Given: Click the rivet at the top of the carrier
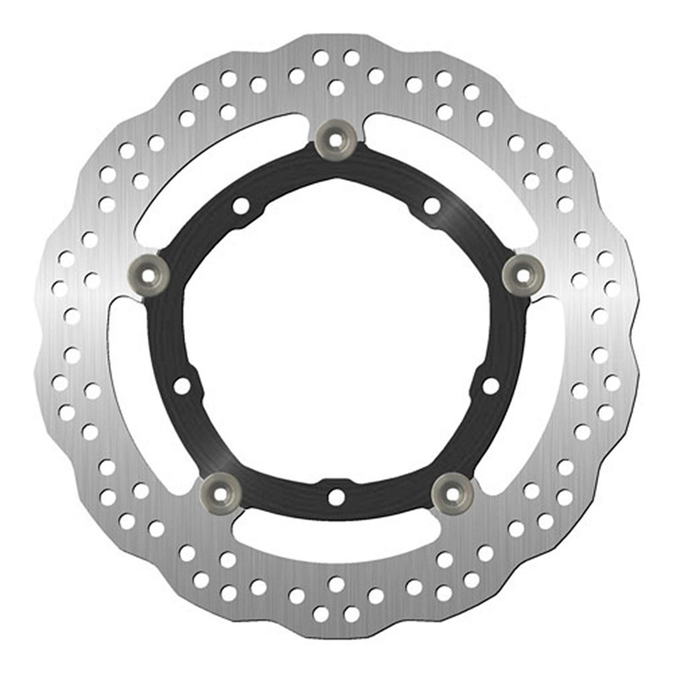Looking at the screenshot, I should pos(336,138).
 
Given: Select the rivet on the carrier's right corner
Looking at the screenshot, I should pos(521,272).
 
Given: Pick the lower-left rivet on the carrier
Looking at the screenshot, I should pos(222,487).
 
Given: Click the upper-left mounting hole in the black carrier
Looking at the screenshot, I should pos(241,205).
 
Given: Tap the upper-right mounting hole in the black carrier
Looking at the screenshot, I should pos(432,205).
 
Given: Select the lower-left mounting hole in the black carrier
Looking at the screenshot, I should pos(182,386).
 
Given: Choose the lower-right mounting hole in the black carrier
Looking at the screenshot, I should pos(491,386).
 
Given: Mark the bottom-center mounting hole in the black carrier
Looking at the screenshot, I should pos(336,498).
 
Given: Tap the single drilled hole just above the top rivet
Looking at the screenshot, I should pos(336,87).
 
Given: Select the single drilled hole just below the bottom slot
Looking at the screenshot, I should pos(336,584).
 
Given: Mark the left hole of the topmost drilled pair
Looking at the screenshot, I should pos(320,58).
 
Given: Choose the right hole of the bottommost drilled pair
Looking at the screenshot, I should pos(352,614).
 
